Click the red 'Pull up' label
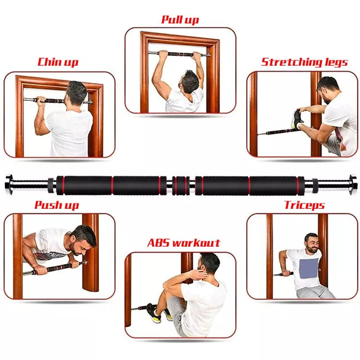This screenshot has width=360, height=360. tap(180, 20)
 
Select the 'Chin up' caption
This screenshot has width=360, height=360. tap(58, 62)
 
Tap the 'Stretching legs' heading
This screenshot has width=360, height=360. tap(305, 62)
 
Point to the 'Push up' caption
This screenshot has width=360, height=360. tap(57, 206)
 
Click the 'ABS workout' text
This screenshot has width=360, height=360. tap(184, 243)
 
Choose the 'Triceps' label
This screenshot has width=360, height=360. tap(304, 206)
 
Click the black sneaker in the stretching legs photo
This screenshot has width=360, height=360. tap(297, 120)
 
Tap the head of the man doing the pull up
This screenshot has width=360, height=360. tap(190, 81)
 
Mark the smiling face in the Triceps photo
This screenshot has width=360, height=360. tap(311, 243)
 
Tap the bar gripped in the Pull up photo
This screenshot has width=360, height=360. tap(180, 54)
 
